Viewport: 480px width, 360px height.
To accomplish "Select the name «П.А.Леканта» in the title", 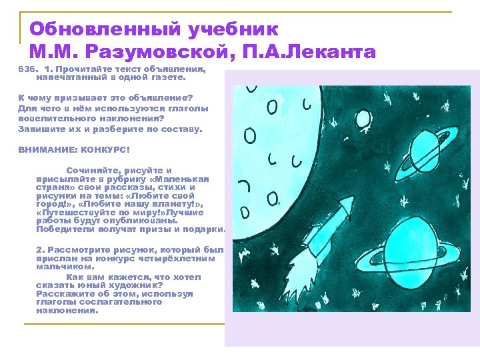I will pyautogui.click(x=319, y=51).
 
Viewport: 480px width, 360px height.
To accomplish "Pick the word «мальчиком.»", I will pyautogui.click(x=61, y=267).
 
